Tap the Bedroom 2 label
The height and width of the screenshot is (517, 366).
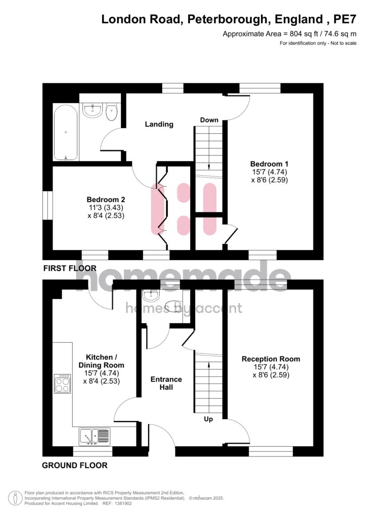click(106, 199)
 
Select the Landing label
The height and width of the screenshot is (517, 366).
click(159, 124)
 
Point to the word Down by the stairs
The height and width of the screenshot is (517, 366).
click(209, 120)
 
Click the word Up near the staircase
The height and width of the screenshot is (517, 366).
click(208, 419)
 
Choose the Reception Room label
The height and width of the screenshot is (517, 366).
click(271, 359)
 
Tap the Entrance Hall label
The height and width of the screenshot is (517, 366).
click(166, 383)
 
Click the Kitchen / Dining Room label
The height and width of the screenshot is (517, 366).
click(101, 361)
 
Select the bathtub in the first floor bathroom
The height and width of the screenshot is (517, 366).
click(66, 132)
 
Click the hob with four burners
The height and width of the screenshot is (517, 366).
click(62, 384)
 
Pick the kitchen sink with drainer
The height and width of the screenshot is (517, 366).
click(95, 437)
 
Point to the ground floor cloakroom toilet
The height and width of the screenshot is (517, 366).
click(174, 306)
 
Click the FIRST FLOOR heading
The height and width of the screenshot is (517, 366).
click(70, 269)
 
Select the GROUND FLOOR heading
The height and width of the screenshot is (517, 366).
click(75, 466)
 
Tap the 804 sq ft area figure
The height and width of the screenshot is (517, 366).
click(299, 34)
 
